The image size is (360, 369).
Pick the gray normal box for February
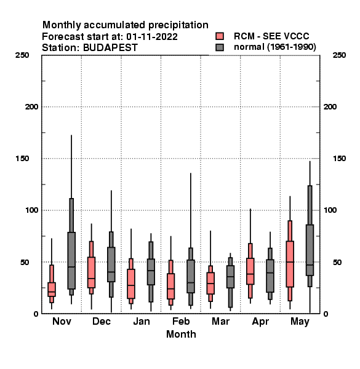[x=191, y=276]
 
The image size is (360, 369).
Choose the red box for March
[x=210, y=283]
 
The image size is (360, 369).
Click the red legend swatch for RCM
[x=220, y=36]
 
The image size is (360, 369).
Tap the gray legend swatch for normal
[x=220, y=47]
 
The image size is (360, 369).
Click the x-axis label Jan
[x=142, y=321]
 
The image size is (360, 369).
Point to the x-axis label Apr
[x=260, y=322]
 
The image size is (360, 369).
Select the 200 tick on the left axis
[x=32, y=107]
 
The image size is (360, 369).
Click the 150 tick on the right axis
[x=339, y=159]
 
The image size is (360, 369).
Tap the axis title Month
[x=181, y=334]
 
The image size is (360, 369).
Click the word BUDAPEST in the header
[x=110, y=48]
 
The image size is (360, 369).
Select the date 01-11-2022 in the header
[x=152, y=37]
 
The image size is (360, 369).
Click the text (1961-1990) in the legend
[x=292, y=47]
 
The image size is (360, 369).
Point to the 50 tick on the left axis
[x=25, y=262]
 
